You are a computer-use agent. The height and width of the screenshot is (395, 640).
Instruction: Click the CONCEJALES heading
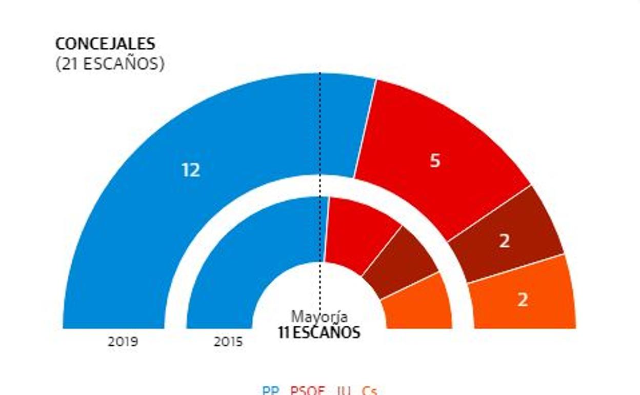pyautogui.click(x=105, y=44)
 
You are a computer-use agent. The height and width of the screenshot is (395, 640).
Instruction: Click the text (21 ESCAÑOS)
pyautogui.click(x=110, y=64)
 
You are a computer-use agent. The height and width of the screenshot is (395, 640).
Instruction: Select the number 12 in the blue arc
pyautogui.click(x=191, y=170)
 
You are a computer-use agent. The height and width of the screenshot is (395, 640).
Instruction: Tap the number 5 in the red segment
pyautogui.click(x=435, y=161)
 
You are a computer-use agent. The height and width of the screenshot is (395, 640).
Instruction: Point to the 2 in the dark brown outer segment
pyautogui.click(x=505, y=241)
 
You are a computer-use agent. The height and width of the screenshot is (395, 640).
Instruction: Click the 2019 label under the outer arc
pyautogui.click(x=123, y=342)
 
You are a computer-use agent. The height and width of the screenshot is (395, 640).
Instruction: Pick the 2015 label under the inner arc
pyautogui.click(x=228, y=342)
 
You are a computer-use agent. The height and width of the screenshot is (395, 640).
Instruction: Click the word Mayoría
pyautogui.click(x=319, y=317)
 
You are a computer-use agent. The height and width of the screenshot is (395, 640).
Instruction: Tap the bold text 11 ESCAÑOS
pyautogui.click(x=319, y=332)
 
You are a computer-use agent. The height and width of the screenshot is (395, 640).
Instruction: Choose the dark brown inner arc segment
pyautogui.click(x=400, y=262)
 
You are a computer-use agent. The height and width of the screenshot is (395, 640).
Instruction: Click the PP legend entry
pyautogui.click(x=271, y=391)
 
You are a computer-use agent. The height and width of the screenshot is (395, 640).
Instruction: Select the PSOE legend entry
pyautogui.click(x=307, y=391)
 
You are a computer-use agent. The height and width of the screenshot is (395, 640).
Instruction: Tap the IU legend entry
pyautogui.click(x=344, y=391)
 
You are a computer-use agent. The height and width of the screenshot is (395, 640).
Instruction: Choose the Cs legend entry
pyautogui.click(x=369, y=391)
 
